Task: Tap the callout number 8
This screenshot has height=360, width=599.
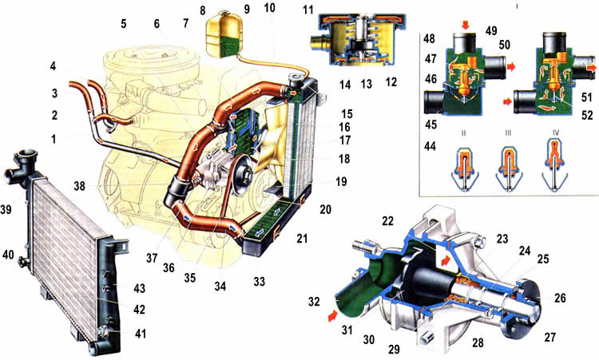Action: coord(203,10)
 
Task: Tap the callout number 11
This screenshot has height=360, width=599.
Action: coord(307,11)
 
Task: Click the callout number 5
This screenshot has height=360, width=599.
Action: coord(124,23)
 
